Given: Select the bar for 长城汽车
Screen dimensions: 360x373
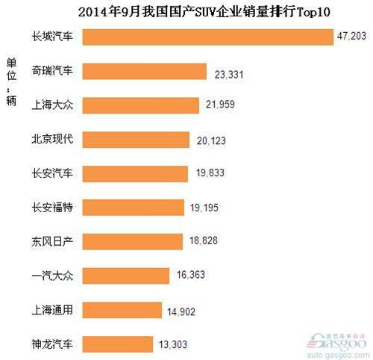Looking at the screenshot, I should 207,37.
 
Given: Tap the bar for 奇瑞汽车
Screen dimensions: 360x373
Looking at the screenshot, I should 143,71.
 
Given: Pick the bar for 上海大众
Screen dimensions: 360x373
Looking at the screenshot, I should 140,105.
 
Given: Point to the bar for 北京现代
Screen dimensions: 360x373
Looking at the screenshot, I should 134,140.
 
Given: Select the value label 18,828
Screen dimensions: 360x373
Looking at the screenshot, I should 202,242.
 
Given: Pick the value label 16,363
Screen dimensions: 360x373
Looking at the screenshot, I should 189,276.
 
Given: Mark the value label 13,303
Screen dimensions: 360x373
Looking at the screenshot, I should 172,345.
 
